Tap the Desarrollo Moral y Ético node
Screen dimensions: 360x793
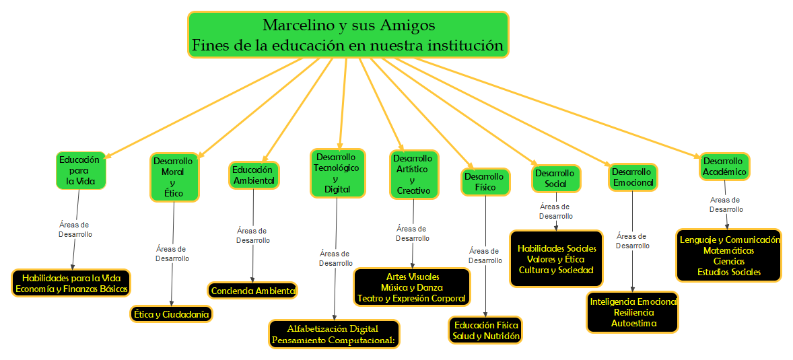click(x=173, y=177)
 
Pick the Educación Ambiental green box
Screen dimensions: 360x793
click(x=253, y=175)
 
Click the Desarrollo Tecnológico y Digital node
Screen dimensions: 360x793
click(x=337, y=173)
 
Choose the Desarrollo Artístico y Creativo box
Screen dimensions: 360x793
click(x=413, y=174)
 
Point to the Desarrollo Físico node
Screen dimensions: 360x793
click(x=485, y=182)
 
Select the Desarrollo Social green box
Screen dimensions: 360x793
click(x=555, y=178)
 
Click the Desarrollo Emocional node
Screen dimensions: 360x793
click(x=632, y=177)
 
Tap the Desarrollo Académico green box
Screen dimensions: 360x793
click(x=724, y=166)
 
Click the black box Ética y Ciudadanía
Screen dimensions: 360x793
click(x=171, y=314)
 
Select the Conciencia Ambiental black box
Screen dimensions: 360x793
click(x=252, y=291)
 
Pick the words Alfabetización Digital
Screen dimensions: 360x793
click(x=333, y=328)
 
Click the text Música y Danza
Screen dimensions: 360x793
click(x=411, y=287)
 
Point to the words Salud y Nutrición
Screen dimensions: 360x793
click(x=485, y=336)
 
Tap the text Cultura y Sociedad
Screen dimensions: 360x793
click(x=555, y=270)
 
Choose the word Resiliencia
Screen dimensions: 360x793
click(x=632, y=312)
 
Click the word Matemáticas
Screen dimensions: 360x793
click(x=728, y=250)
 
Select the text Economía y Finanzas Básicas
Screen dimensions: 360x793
click(x=71, y=288)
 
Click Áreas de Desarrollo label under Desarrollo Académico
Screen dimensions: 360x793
click(x=726, y=205)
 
